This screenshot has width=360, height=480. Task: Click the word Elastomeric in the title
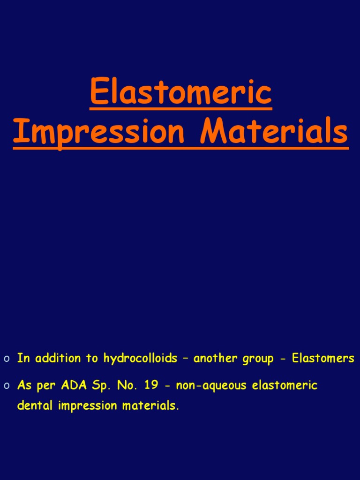[180, 92]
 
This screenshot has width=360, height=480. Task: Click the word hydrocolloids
[140, 359]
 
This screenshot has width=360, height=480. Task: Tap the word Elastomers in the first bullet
[323, 359]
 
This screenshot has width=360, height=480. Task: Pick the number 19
[150, 386]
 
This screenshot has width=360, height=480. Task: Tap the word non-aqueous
[211, 386]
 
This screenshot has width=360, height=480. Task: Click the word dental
[36, 405]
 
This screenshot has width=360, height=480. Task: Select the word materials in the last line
[150, 405]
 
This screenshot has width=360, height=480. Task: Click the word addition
[57, 359]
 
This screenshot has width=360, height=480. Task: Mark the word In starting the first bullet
[23, 359]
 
